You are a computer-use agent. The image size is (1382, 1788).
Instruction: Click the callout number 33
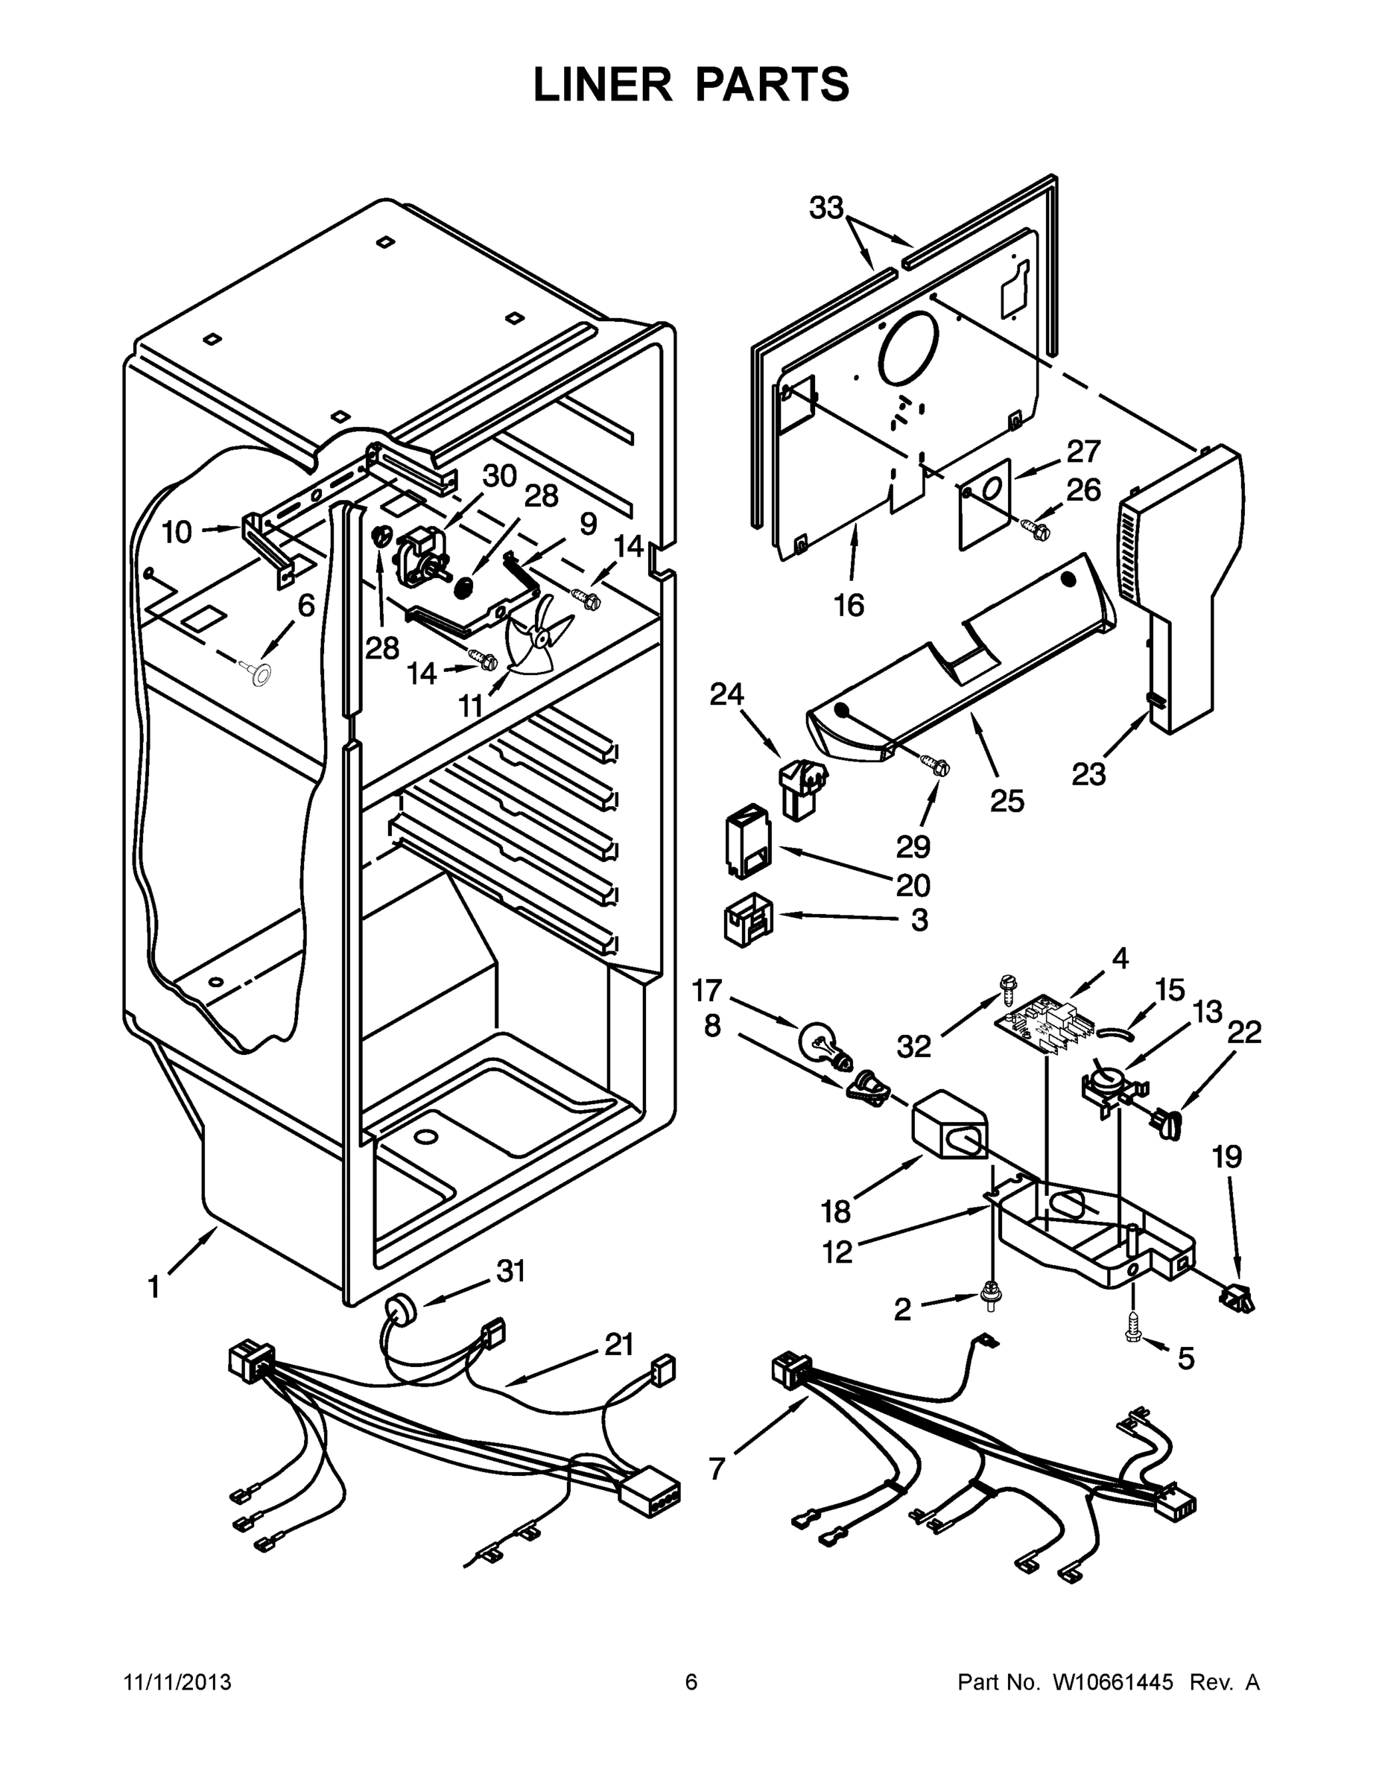(826, 209)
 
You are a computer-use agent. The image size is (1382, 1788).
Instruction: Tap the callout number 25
(1007, 801)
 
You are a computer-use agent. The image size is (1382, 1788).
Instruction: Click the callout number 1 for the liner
(154, 1288)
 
